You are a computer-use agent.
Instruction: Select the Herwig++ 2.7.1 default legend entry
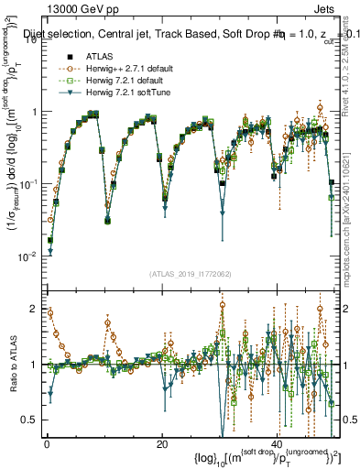(x=119, y=69)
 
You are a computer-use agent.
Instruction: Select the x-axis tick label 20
(x=161, y=444)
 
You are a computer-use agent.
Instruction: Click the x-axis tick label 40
(x=278, y=444)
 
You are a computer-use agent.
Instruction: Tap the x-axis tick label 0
(x=47, y=444)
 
